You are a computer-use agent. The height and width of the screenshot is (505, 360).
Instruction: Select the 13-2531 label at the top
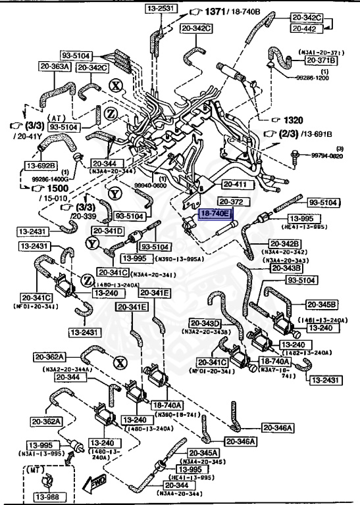(159, 8)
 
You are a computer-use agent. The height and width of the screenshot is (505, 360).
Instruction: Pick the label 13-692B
(42, 165)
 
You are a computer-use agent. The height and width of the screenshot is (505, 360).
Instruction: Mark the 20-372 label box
(232, 201)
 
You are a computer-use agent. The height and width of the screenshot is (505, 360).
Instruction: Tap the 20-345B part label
(322, 304)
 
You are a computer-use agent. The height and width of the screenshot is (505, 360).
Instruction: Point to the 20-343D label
(207, 323)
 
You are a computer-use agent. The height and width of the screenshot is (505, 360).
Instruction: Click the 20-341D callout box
(108, 231)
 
